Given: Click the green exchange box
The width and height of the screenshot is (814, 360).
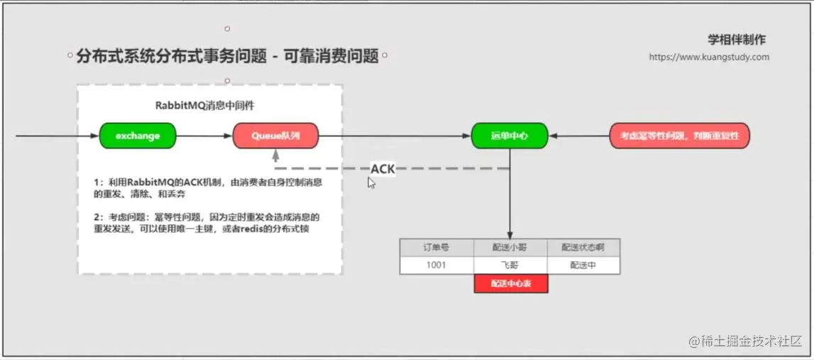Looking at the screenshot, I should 138,136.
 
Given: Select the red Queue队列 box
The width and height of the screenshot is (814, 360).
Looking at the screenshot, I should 275,136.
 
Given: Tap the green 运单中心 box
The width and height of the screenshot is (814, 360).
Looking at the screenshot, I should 510,136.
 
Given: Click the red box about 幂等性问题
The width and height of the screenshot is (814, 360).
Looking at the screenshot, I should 679,136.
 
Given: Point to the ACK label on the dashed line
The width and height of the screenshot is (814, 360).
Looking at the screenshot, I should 383,169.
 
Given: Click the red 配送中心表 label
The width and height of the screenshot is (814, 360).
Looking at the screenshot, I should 511,283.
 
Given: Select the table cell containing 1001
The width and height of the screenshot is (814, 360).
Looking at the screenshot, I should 436,265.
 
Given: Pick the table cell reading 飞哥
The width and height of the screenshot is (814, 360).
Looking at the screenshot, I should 510,265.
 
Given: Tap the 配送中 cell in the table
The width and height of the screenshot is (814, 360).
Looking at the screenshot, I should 583,265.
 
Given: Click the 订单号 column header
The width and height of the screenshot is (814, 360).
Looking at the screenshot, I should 436,247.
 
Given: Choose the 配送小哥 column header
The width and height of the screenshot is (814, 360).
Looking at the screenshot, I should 510,247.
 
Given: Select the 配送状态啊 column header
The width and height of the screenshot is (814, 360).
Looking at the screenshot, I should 583,247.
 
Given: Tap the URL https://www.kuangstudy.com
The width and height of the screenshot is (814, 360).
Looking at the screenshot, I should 709,57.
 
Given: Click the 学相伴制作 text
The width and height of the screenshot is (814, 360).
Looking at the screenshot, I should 737,40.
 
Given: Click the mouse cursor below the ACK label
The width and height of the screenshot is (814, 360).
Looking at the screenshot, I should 370,182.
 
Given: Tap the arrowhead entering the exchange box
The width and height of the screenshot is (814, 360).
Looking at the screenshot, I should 95,136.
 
